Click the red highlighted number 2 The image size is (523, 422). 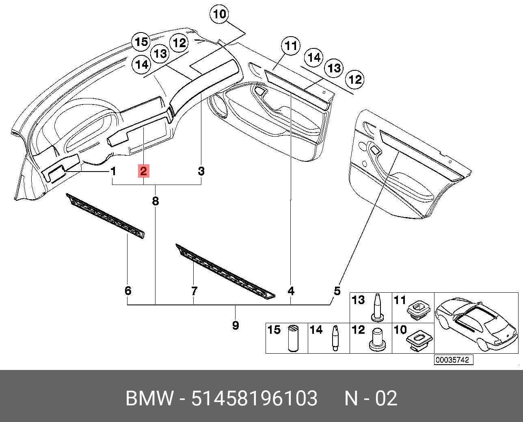(x=144, y=171)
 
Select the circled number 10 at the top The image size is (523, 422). (x=219, y=15)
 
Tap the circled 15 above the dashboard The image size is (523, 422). (x=141, y=42)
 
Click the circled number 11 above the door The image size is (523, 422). (x=291, y=46)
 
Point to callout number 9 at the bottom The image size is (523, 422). (x=236, y=325)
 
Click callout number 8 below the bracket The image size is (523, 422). (x=156, y=201)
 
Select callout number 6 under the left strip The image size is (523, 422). (x=128, y=291)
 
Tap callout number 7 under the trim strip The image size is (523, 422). (x=194, y=291)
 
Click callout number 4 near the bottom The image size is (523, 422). (x=291, y=291)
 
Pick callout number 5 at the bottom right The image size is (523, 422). (x=337, y=291)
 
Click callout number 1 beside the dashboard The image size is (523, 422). (x=114, y=172)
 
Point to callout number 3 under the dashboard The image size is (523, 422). (x=201, y=171)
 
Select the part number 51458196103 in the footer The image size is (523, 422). (x=254, y=398)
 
